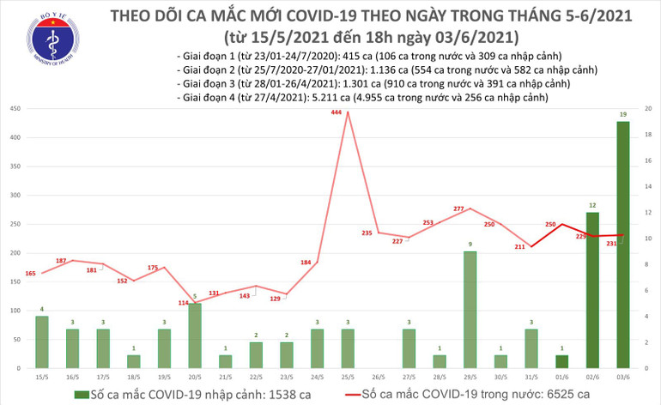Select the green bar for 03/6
[x=622, y=245]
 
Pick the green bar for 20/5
[x=194, y=335]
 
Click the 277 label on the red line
[x=458, y=209]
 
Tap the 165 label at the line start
[x=31, y=273]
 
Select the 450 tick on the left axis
[x=16, y=109]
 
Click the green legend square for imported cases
[x=81, y=393]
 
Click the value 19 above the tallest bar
[x=622, y=114]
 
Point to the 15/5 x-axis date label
[x=42, y=377]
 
